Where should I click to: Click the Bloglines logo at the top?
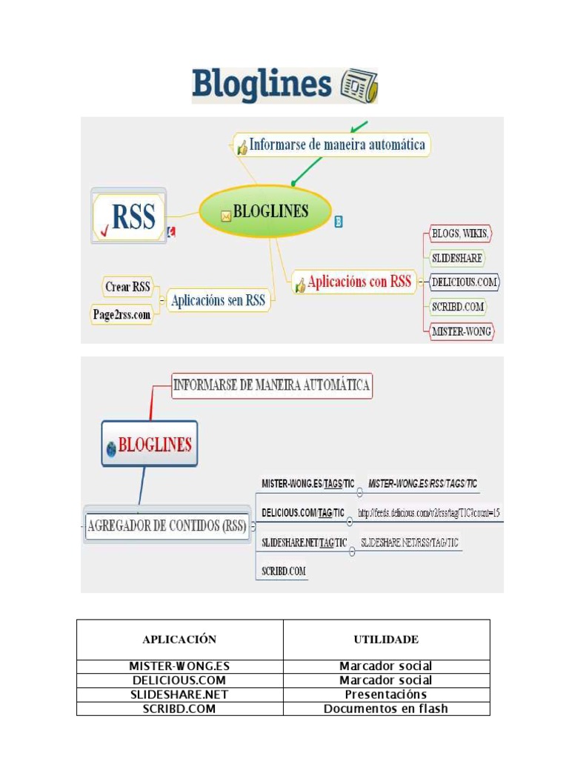(263, 85)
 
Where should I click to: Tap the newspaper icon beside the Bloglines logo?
(359, 86)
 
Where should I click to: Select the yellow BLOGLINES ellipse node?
(264, 212)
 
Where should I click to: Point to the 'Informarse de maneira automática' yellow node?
(331, 145)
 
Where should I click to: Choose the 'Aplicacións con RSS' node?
(354, 282)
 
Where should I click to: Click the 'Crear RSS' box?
(127, 286)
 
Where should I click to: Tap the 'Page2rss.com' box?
(122, 314)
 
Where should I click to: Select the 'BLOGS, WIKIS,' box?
(460, 234)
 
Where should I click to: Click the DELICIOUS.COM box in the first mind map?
(465, 282)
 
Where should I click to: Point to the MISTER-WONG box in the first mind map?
(462, 331)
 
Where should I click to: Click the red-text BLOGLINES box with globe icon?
(150, 445)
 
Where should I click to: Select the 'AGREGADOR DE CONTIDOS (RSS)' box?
(167, 526)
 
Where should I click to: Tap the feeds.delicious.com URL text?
(429, 513)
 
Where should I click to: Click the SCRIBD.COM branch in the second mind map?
(284, 571)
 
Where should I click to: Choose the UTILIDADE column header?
(386, 639)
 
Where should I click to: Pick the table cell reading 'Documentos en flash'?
(386, 709)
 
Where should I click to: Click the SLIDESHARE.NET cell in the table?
(179, 695)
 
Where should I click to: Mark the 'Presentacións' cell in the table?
(386, 695)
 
